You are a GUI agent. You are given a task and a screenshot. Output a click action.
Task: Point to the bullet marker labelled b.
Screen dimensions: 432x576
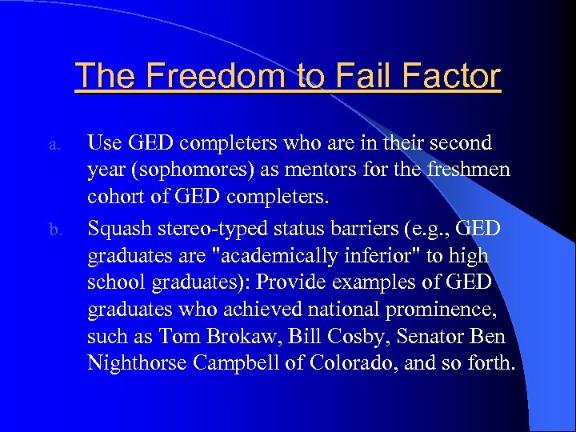point(54,231)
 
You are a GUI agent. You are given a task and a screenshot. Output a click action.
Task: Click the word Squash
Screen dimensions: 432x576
point(117,229)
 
